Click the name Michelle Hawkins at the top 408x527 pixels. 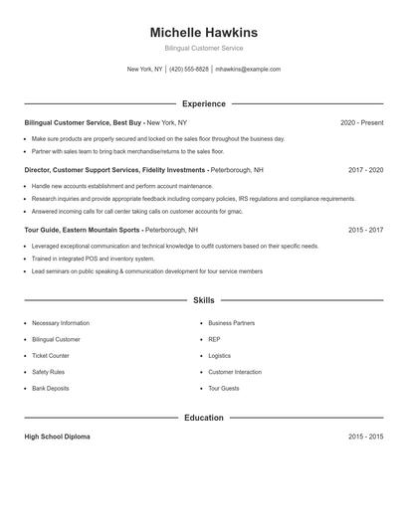203,33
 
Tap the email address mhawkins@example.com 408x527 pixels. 248,70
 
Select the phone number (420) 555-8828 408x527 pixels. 189,70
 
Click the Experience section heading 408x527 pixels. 203,103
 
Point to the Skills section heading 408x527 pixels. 203,299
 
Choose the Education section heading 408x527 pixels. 203,418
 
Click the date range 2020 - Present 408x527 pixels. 361,122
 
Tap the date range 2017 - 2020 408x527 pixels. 365,170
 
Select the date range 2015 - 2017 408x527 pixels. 365,230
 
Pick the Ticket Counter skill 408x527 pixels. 51,355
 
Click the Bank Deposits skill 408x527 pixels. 51,388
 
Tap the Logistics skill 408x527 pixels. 220,355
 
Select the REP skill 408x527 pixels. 214,339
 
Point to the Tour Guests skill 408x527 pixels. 224,388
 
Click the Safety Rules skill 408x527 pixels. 49,372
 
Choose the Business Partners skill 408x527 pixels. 231,323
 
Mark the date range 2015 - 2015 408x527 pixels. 365,437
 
